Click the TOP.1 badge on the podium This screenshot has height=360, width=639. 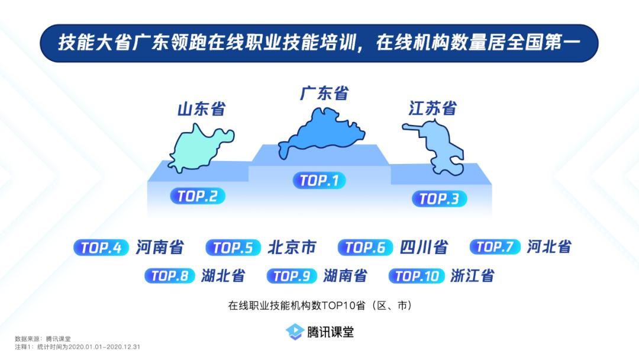coord(319,180)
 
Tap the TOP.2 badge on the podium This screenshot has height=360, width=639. coord(198,196)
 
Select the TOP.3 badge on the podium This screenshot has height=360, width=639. coord(439,198)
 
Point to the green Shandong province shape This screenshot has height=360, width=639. coord(200,149)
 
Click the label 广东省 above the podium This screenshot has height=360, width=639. coord(324,94)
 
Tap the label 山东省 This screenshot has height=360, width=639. coord(201,109)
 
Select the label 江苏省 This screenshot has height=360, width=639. coord(433,108)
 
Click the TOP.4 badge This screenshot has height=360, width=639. coord(101,247)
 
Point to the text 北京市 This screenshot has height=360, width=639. coord(292,247)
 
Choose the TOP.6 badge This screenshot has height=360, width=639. coord(365,247)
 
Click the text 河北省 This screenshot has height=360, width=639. coord(549,247)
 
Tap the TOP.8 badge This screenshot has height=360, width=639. coord(170,276)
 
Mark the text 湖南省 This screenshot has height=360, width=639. coord(345,275)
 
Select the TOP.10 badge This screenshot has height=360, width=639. coord(417,276)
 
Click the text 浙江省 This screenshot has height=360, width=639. coord(472,275)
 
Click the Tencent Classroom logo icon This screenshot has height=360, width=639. coord(295,332)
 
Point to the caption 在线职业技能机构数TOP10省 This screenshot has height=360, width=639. coord(296,306)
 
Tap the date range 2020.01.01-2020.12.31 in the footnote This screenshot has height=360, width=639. coord(104,347)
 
